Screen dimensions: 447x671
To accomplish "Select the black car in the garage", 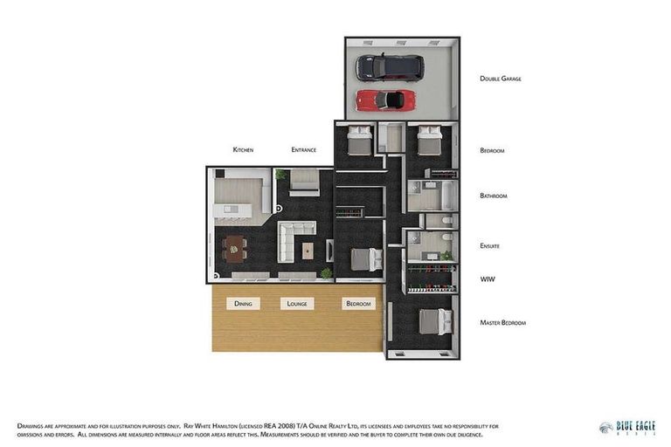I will coord(389,66).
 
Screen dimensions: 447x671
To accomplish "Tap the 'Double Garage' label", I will coord(500,79).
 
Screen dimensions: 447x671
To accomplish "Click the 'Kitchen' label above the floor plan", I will coord(243,150).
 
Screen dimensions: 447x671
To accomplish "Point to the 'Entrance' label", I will coord(303,150).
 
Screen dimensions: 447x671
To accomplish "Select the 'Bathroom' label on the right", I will coord(494,196).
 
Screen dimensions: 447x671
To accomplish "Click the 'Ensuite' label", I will coord(490,246).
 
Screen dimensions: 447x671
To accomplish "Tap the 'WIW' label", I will coord(488,279).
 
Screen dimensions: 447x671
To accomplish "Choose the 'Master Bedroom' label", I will coord(502,323).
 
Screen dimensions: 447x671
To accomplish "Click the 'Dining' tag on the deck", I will coord(243,304).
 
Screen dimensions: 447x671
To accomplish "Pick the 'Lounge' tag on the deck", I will coord(297,304).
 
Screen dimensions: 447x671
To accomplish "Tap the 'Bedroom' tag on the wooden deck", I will coord(358,304).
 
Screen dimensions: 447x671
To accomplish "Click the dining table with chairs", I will coord(235,249).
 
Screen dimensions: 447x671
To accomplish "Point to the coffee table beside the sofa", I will coord(308,251).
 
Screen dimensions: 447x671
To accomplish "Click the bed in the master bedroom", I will coord(434,322).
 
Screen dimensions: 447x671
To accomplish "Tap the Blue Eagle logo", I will coord(627,427).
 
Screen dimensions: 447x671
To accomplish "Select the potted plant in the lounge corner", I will coord(326,273).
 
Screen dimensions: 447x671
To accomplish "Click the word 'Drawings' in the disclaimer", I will coord(33,425).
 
